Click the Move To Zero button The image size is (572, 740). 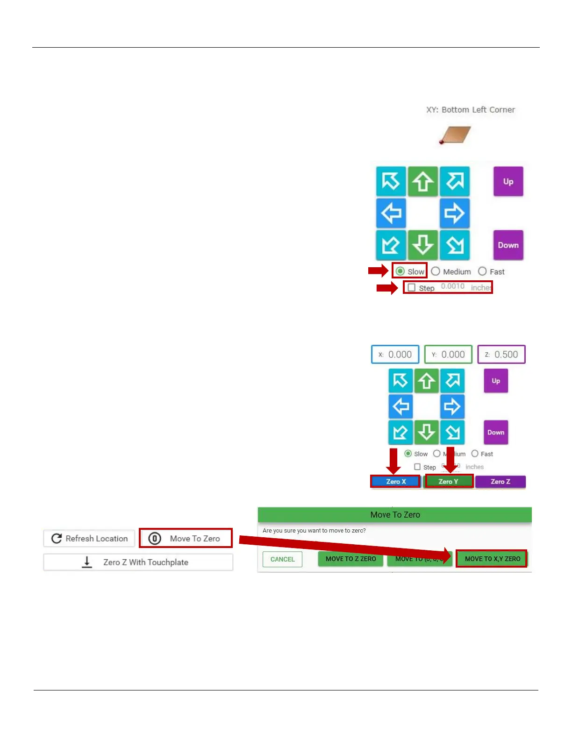click(186, 538)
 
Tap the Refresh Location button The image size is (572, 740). click(89, 538)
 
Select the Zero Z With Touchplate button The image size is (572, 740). click(138, 562)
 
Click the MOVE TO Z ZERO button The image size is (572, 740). click(350, 559)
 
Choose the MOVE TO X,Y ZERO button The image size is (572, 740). click(492, 559)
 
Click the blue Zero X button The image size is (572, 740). click(396, 481)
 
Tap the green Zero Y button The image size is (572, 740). click(449, 481)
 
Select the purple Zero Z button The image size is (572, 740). click(500, 481)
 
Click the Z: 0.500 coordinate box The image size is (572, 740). click(501, 355)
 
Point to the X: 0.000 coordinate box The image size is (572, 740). click(395, 355)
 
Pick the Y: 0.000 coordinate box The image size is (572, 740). click(448, 355)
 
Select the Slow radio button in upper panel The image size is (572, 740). click(400, 271)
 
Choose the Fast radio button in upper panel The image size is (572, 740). click(482, 271)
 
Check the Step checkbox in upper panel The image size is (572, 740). click(412, 287)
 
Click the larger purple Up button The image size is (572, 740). click(508, 182)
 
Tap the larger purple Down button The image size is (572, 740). click(508, 245)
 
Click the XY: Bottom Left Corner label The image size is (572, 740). click(470, 110)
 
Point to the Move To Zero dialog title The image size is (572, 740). click(395, 514)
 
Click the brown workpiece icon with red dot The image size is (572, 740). click(455, 135)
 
